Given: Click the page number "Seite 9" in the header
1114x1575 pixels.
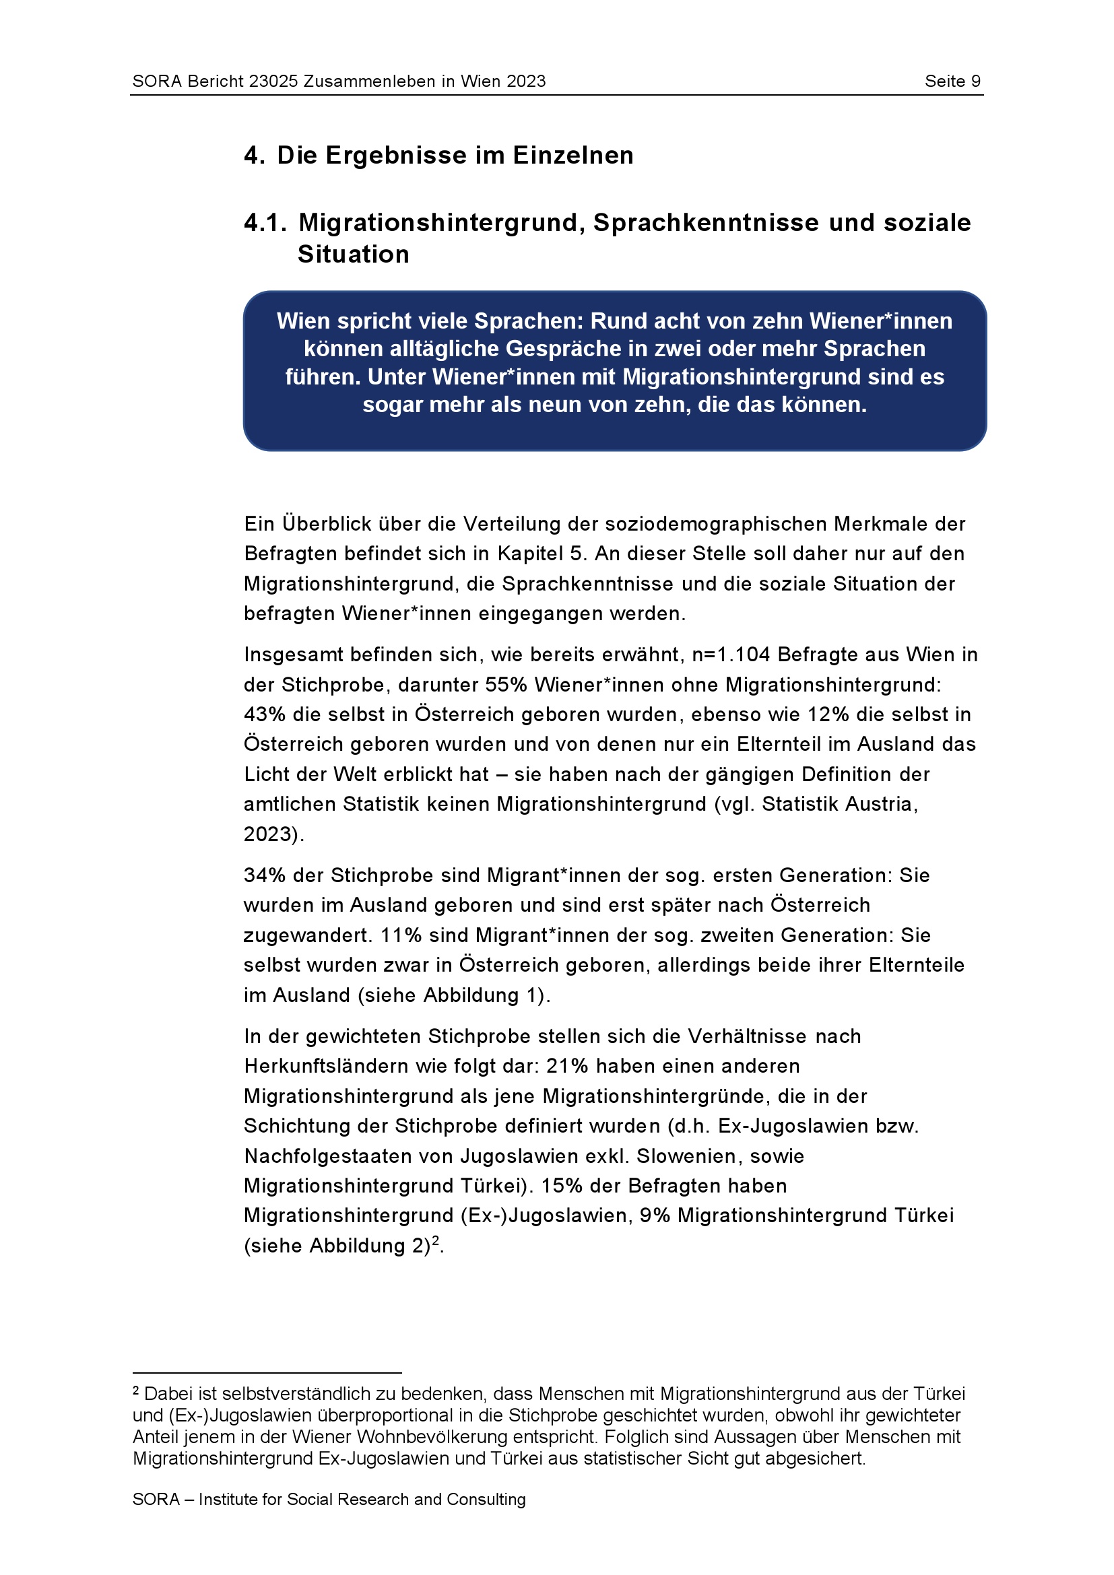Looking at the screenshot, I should [952, 81].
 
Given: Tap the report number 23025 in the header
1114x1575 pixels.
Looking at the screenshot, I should [273, 81].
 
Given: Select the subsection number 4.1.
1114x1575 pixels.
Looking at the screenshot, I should [265, 223].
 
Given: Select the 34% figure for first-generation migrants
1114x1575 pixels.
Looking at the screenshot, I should [265, 875].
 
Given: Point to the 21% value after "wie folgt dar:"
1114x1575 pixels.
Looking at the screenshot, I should [567, 1066].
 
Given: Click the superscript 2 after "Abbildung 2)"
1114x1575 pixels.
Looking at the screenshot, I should [436, 1240].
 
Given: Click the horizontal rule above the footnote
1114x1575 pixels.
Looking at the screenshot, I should [267, 1372].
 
